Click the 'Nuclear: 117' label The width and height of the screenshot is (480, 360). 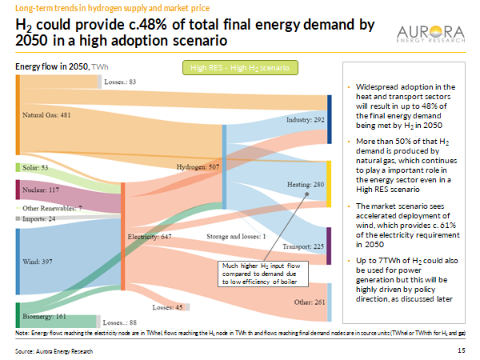(41, 190)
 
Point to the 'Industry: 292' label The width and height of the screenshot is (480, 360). (304, 119)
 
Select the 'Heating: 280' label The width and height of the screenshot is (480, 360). (305, 184)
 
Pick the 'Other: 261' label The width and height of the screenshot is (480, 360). (310, 302)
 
